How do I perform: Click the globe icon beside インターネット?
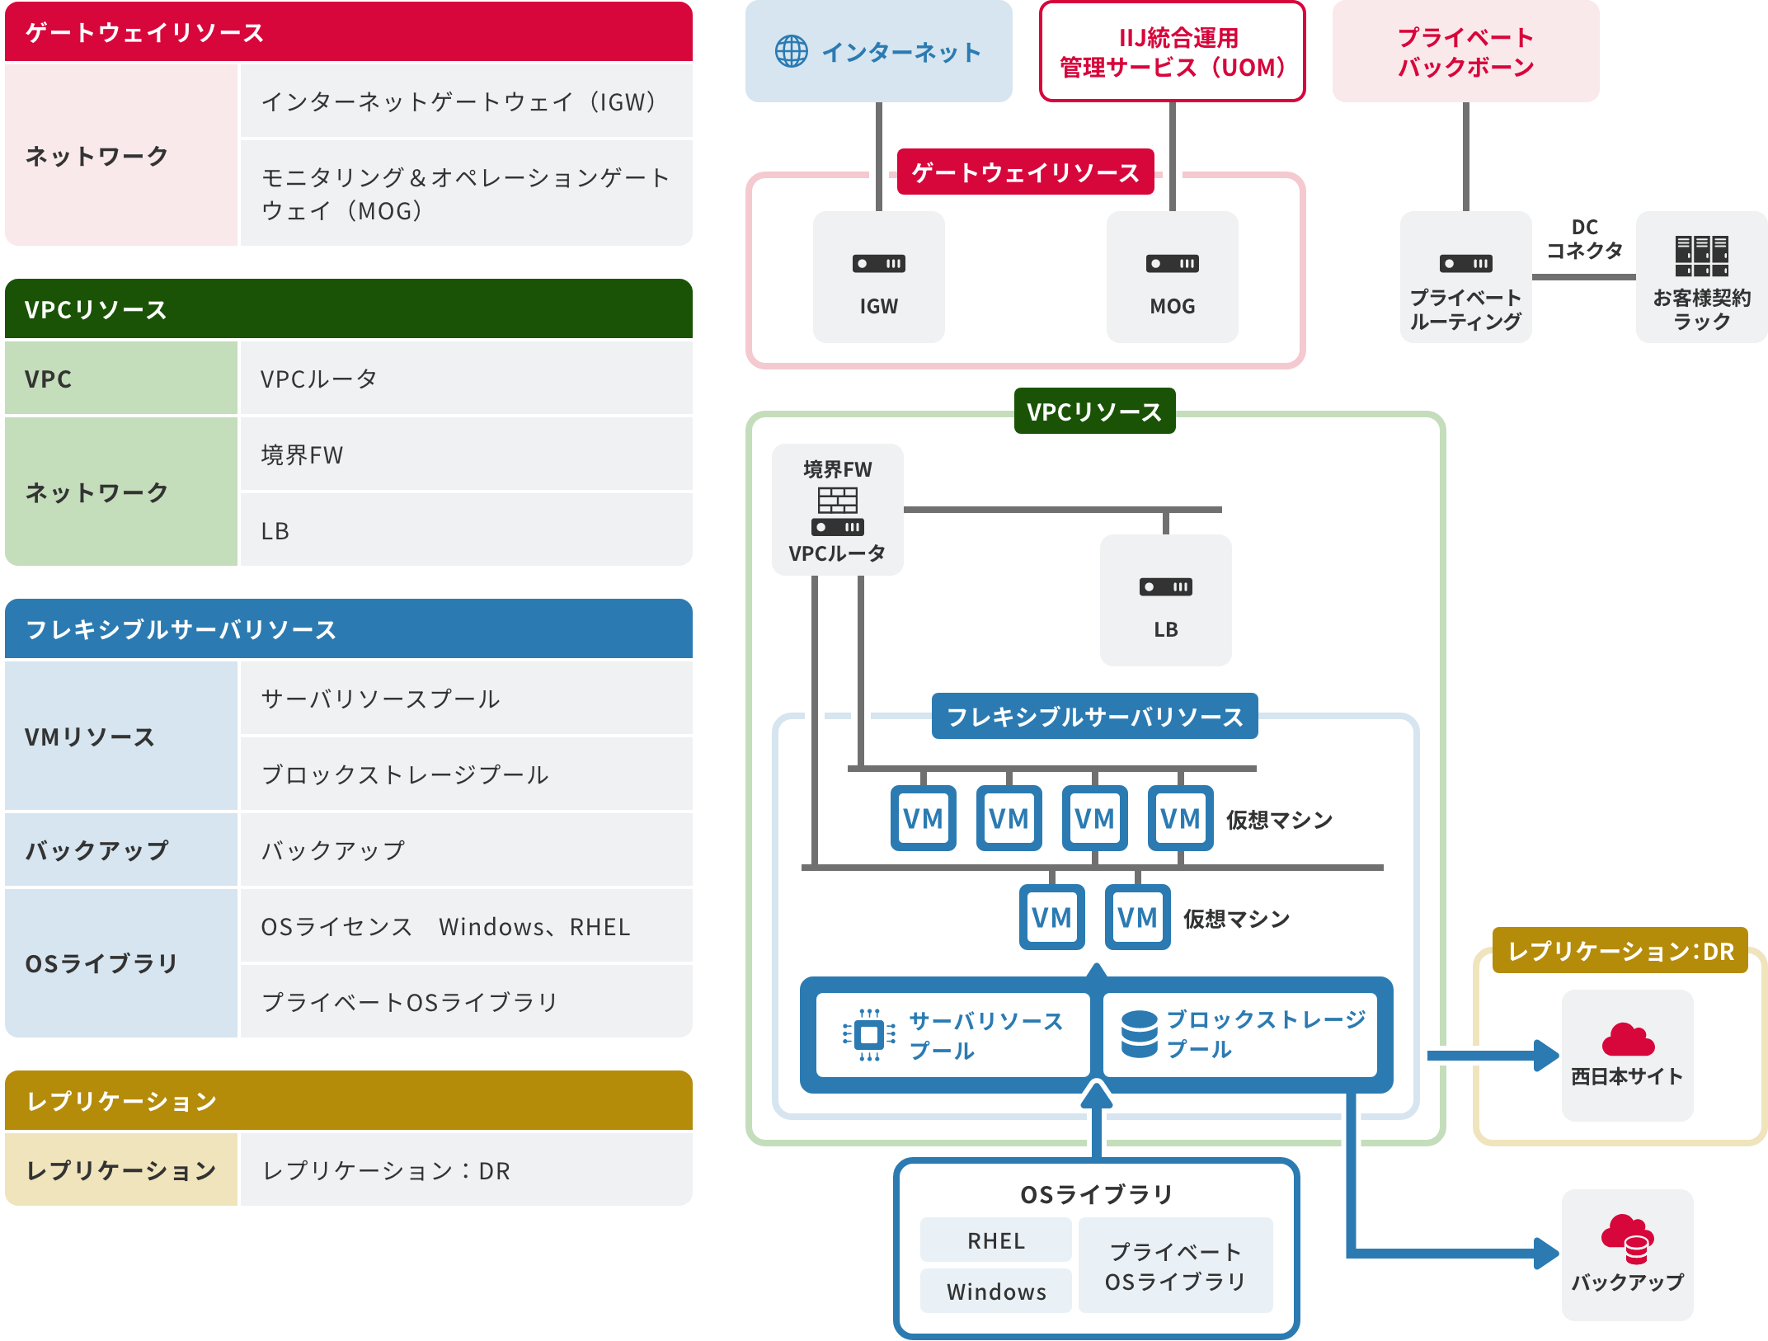pyautogui.click(x=791, y=52)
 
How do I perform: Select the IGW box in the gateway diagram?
pyautogui.click(x=878, y=277)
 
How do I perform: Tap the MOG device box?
pyautogui.click(x=1172, y=277)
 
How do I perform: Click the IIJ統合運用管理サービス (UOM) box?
pyautogui.click(x=1172, y=51)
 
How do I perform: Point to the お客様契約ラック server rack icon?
pyautogui.click(x=1701, y=256)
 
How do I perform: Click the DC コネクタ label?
pyautogui.click(x=1584, y=239)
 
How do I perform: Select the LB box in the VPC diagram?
pyautogui.click(x=1165, y=600)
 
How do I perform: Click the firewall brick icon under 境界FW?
pyautogui.click(x=837, y=500)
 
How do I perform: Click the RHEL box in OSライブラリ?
pyautogui.click(x=995, y=1240)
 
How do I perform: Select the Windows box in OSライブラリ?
pyautogui.click(x=995, y=1292)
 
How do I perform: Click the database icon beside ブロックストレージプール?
pyautogui.click(x=1139, y=1034)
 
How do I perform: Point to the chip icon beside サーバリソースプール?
pyautogui.click(x=869, y=1034)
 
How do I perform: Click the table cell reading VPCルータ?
pyautogui.click(x=466, y=379)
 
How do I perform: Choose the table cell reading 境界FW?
pyautogui.click(x=466, y=454)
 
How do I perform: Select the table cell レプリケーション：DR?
pyautogui.click(x=466, y=1170)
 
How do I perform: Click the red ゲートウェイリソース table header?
pyautogui.click(x=348, y=32)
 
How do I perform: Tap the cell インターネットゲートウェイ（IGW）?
pyautogui.click(x=466, y=101)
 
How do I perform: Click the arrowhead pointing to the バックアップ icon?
pyautogui.click(x=1545, y=1254)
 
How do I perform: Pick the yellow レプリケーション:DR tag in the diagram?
pyautogui.click(x=1620, y=951)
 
